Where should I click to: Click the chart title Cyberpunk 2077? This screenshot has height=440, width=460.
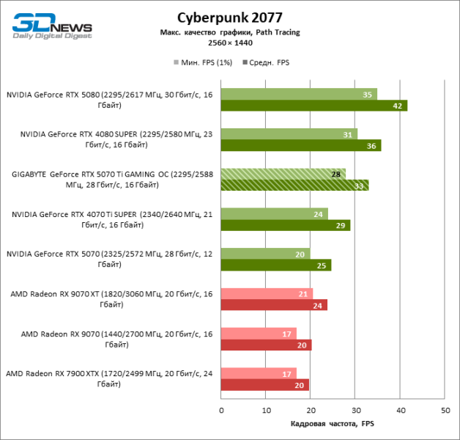[229, 17]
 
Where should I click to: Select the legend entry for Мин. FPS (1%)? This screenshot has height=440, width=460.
[203, 62]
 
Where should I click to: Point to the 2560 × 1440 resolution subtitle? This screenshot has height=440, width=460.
[229, 44]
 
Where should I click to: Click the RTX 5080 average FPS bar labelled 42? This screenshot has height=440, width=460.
[314, 106]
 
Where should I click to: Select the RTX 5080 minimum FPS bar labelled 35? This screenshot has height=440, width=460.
[299, 94]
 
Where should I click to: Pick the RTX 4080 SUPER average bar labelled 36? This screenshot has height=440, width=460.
[300, 145]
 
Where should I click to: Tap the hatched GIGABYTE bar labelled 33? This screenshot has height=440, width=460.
[294, 186]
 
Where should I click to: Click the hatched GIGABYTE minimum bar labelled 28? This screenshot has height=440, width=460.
[283, 174]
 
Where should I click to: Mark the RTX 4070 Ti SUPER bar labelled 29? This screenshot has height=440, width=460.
[285, 225]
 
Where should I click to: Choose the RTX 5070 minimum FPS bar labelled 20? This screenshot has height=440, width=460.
[265, 254]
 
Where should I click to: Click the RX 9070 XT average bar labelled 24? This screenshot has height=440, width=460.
[274, 305]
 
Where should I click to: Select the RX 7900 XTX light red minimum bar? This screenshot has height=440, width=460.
[259, 373]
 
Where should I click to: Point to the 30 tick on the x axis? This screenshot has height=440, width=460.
[355, 410]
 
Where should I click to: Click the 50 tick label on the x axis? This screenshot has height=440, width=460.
[445, 410]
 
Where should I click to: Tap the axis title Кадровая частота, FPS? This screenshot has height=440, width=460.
[333, 424]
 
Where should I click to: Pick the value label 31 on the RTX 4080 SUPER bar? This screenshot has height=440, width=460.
[347, 134]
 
